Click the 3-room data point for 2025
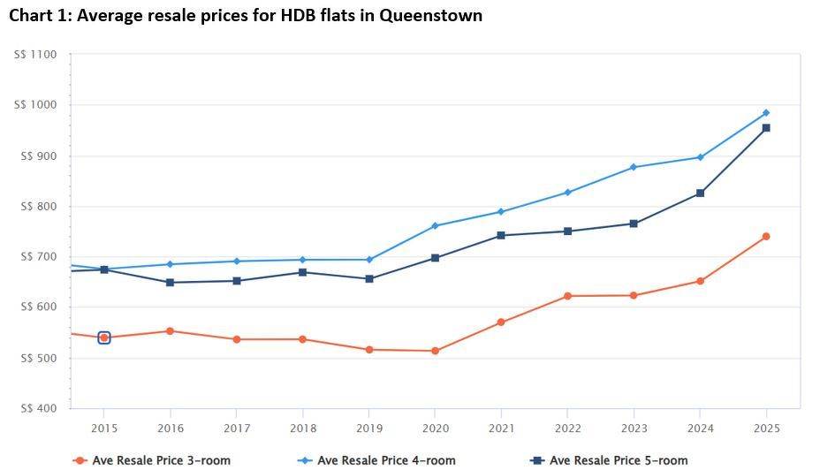pyautogui.click(x=766, y=237)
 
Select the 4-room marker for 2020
pyautogui.click(x=435, y=226)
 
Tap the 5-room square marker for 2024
pyautogui.click(x=700, y=193)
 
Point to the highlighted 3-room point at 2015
pyautogui.click(x=104, y=337)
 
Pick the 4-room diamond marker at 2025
pyautogui.click(x=766, y=113)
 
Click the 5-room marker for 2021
pyautogui.click(x=501, y=236)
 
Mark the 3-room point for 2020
pyautogui.click(x=435, y=351)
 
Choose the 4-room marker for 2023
pyautogui.click(x=634, y=167)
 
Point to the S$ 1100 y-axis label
pyautogui.click(x=35, y=55)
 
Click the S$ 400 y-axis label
pyautogui.click(x=36, y=409)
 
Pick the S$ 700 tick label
pyautogui.click(x=36, y=257)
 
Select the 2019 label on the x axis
pyautogui.click(x=369, y=428)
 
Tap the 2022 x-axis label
pyautogui.click(x=567, y=428)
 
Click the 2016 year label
pyautogui.click(x=171, y=428)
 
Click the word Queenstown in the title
pyautogui.click(x=431, y=16)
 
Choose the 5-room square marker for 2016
pyautogui.click(x=171, y=283)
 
